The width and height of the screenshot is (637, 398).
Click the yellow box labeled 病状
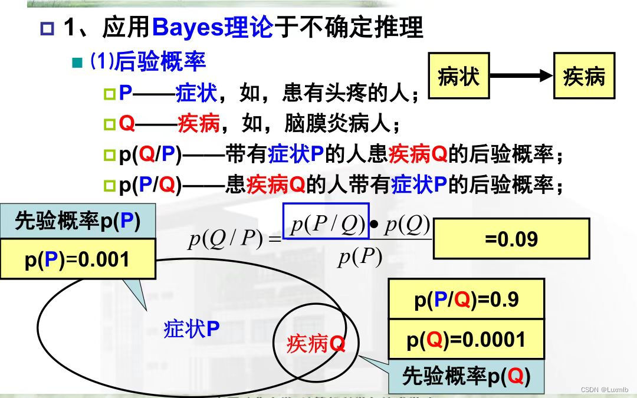(x=459, y=75)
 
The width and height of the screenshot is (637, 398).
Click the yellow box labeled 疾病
(x=584, y=75)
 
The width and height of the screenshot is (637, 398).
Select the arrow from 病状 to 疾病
(x=521, y=75)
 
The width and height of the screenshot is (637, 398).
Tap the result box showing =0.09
(x=511, y=239)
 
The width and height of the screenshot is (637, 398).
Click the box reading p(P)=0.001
(x=78, y=259)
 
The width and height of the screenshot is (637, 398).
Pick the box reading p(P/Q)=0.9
(x=467, y=300)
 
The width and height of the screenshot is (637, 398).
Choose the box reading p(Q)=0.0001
(x=467, y=340)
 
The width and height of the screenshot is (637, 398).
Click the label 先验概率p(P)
(x=78, y=221)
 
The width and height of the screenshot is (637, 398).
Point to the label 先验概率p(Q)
(x=467, y=376)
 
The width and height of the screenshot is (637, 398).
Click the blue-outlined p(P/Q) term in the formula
(x=326, y=221)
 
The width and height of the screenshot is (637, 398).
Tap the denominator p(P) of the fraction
(x=360, y=256)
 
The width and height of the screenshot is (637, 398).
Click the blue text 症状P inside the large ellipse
(x=191, y=329)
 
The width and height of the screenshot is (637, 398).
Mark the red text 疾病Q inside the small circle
(x=316, y=344)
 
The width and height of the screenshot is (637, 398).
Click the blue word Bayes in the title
(x=188, y=28)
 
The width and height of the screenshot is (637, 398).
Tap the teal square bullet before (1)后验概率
(x=77, y=63)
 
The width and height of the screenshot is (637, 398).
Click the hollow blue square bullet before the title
(x=47, y=29)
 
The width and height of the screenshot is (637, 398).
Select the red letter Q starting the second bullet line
(x=127, y=123)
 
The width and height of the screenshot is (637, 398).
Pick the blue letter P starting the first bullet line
(x=126, y=93)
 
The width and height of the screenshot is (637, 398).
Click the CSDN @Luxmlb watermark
(x=605, y=390)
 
